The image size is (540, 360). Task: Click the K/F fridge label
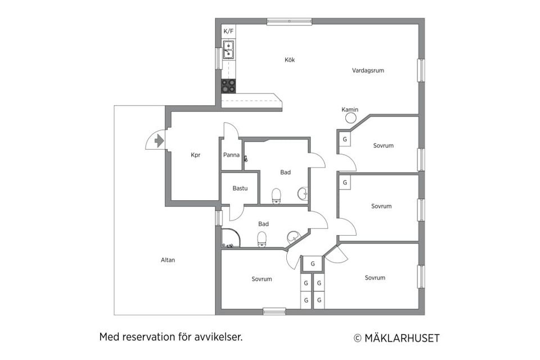(228, 31)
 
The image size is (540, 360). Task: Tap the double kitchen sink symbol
(228, 50)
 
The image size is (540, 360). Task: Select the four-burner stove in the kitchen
(228, 86)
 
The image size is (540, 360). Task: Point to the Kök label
(290, 60)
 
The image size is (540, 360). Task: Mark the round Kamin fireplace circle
(350, 118)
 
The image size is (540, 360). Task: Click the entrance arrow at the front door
(159, 140)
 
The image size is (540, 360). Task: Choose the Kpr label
(196, 155)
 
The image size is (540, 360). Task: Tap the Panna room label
(231, 155)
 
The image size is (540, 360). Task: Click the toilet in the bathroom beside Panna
(276, 195)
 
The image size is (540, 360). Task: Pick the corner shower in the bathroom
(229, 239)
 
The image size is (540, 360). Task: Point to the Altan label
(168, 260)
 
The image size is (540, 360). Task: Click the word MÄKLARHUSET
(402, 338)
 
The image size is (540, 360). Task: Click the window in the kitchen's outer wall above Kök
(289, 21)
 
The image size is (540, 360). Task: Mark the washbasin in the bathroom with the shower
(294, 236)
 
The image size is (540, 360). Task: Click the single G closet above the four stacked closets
(312, 264)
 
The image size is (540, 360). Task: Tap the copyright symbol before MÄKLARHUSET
(357, 338)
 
